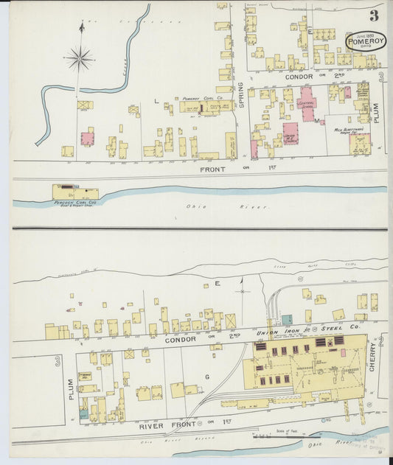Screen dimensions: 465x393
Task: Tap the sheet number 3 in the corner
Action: coord(375,15)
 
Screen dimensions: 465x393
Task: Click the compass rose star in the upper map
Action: coord(80,57)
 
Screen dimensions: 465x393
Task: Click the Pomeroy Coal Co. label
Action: coord(200,98)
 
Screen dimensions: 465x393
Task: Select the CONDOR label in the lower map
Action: coord(180,340)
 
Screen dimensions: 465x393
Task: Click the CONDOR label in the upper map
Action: coord(279,76)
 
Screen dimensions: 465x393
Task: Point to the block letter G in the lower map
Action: coord(206,377)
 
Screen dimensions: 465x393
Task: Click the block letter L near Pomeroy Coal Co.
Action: coord(156,99)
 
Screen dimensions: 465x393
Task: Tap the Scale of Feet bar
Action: coord(285,435)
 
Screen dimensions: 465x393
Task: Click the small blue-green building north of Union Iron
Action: coord(287,320)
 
